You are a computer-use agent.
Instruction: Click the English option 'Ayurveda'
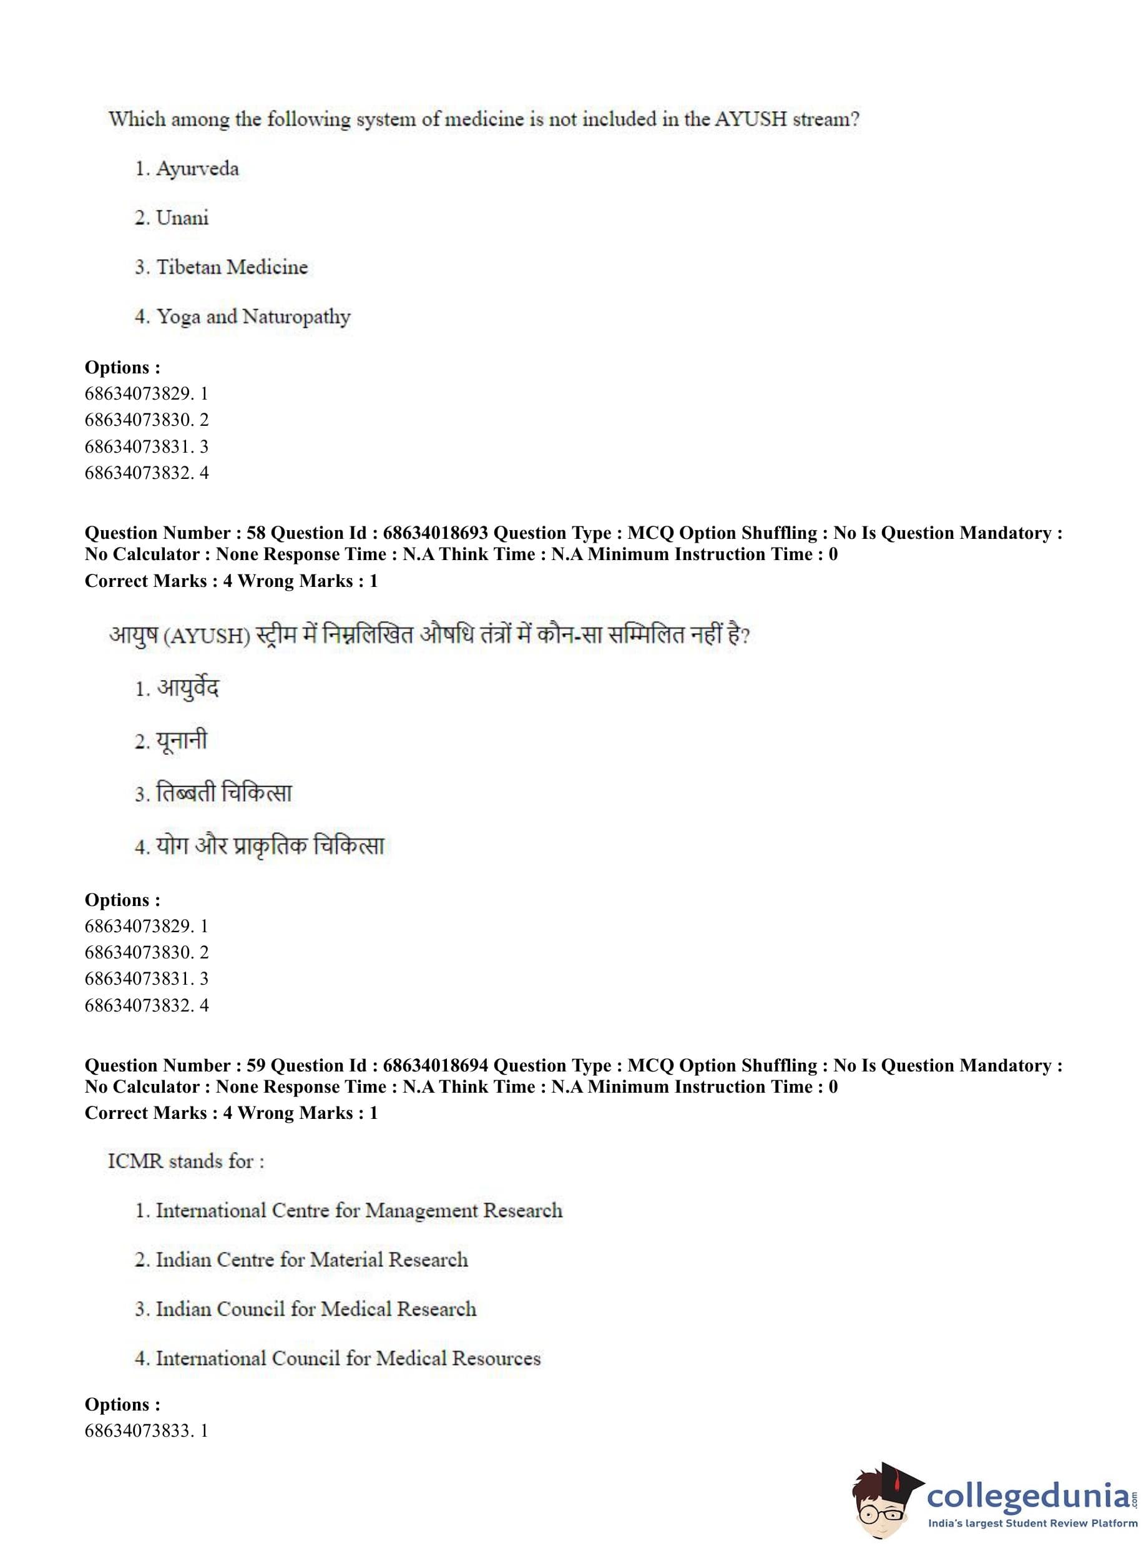click(197, 169)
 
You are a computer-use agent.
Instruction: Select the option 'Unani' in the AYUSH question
click(182, 218)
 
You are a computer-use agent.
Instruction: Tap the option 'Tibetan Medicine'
click(232, 267)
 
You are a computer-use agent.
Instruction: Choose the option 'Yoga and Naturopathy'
click(253, 317)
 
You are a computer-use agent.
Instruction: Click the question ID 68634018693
click(435, 533)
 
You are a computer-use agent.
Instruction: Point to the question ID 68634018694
click(435, 1065)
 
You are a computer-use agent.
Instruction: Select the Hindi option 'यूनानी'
click(181, 741)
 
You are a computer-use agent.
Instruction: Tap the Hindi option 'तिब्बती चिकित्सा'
click(223, 793)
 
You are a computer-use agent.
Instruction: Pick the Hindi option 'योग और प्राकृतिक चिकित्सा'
click(270, 846)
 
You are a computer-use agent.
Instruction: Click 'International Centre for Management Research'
click(359, 1210)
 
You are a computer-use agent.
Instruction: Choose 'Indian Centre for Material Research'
click(311, 1259)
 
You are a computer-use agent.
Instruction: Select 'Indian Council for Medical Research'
click(316, 1309)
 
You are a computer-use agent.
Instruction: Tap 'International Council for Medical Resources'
click(348, 1358)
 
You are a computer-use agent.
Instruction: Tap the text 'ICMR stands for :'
click(186, 1161)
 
